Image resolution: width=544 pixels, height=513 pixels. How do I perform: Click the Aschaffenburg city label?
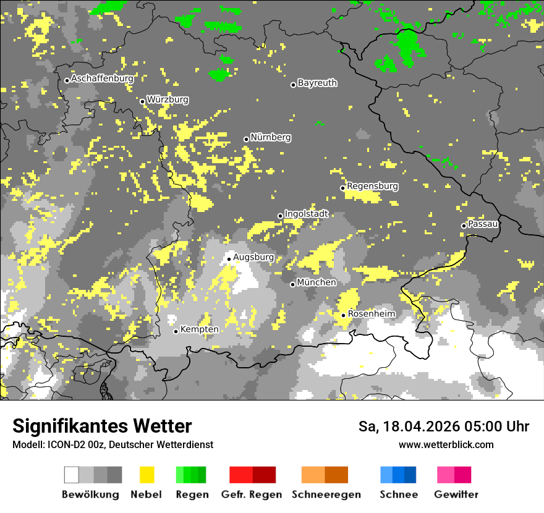(102, 78)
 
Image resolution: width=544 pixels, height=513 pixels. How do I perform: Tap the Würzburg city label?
(168, 100)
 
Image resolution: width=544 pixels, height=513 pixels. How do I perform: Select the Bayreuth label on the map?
(317, 83)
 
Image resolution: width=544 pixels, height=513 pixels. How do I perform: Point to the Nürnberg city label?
(271, 137)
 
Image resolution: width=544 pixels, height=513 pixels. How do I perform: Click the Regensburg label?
(372, 186)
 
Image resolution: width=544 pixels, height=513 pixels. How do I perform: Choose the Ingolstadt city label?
(307, 214)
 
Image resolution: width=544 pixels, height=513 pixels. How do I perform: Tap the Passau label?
(483, 224)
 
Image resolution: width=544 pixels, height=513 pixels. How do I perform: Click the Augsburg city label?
(253, 257)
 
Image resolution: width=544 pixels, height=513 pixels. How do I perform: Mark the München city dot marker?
(292, 284)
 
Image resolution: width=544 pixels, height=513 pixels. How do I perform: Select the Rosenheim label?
(371, 314)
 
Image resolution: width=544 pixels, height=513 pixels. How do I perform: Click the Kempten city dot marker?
(176, 331)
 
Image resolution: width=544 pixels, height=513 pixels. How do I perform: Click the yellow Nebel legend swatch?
(147, 475)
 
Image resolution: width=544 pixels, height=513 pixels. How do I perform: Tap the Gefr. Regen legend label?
(252, 494)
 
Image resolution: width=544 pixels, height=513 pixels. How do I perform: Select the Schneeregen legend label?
(326, 494)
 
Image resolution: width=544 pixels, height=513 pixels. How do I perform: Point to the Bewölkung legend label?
(90, 494)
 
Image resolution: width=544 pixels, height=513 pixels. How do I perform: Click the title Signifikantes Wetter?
(102, 426)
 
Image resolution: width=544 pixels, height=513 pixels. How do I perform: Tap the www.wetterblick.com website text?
(446, 444)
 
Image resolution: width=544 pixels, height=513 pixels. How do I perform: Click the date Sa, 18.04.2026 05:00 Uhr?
(443, 426)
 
